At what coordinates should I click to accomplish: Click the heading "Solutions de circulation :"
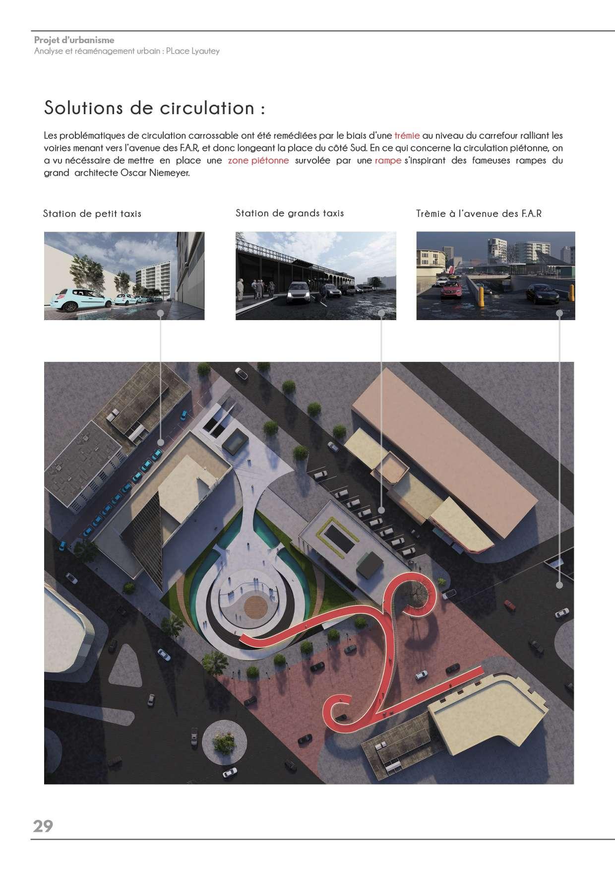[x=154, y=108]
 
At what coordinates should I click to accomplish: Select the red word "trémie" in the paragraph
[x=407, y=135]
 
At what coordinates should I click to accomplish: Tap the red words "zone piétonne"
[x=258, y=161]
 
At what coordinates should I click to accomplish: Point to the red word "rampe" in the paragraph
[x=388, y=161]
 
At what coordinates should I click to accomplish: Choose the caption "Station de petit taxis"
[x=92, y=214]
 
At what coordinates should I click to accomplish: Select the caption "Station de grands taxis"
[x=290, y=213]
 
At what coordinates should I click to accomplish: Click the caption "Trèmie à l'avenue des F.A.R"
[x=479, y=214]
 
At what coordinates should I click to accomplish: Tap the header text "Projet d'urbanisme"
[x=74, y=40]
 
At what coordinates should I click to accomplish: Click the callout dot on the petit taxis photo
[x=161, y=313]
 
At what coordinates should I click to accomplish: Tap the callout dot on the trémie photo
[x=559, y=313]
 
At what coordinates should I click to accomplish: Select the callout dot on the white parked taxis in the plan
[x=381, y=510]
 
